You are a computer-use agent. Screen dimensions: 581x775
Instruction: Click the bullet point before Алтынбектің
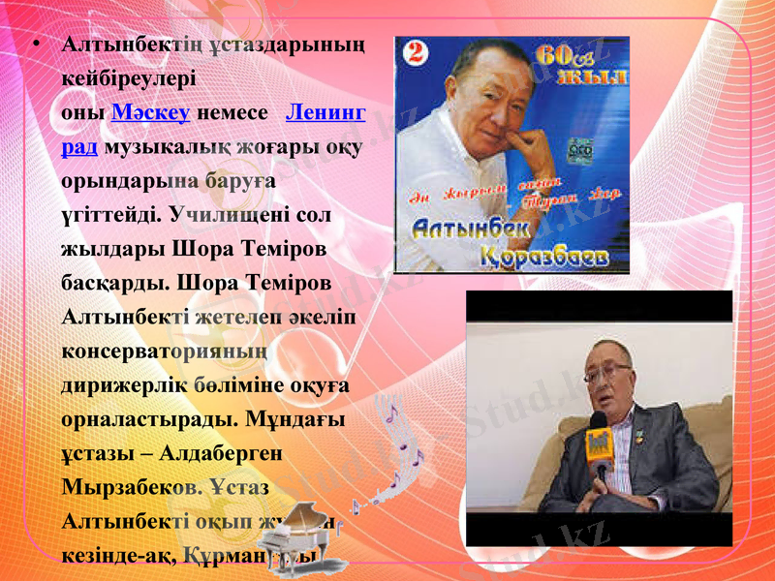[35, 46]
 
